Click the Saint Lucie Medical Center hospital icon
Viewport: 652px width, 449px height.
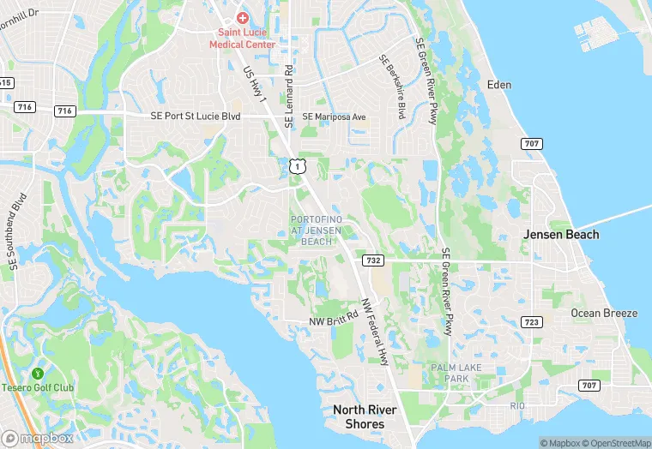243,18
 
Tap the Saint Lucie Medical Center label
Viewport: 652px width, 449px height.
243,38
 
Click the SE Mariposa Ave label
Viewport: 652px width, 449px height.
334,117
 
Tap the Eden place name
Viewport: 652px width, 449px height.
498,84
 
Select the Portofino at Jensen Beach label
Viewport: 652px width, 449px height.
317,230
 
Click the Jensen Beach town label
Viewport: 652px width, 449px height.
562,234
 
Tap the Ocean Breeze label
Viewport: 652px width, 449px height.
604,313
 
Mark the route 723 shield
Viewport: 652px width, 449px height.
532,321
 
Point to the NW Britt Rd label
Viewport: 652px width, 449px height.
334,321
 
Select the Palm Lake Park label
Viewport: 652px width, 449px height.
450,373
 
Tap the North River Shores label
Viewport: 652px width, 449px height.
365,417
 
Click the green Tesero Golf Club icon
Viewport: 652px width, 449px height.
38,374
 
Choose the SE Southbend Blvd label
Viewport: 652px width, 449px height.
19,232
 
